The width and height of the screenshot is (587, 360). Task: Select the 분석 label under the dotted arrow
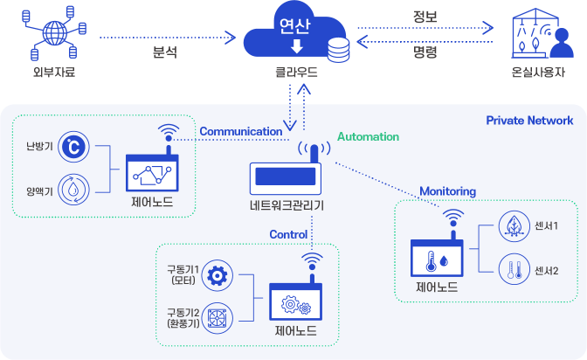tap(165, 52)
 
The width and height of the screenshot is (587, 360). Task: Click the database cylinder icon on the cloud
tap(337, 51)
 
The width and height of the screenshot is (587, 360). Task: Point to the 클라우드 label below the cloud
tap(295, 73)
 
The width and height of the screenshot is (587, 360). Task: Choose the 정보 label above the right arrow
tap(425, 17)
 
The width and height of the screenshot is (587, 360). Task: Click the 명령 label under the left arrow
tap(425, 52)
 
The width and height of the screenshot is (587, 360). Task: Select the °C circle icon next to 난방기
tap(73, 147)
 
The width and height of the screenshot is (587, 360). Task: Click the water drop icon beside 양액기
tap(73, 188)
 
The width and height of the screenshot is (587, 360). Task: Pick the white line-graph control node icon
tap(152, 175)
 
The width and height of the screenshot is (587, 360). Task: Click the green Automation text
tap(368, 137)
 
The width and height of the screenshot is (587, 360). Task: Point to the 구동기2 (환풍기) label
tap(183, 317)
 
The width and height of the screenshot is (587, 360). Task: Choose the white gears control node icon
tap(295, 304)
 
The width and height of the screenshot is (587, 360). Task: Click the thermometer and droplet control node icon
tap(437, 260)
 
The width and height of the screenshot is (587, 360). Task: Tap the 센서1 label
tap(546, 225)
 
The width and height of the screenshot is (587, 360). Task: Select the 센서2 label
tap(546, 269)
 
